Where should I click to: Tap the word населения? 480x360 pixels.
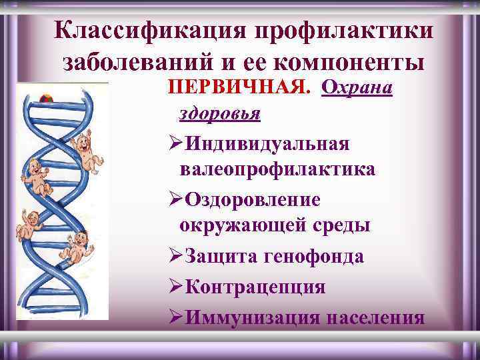376,317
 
